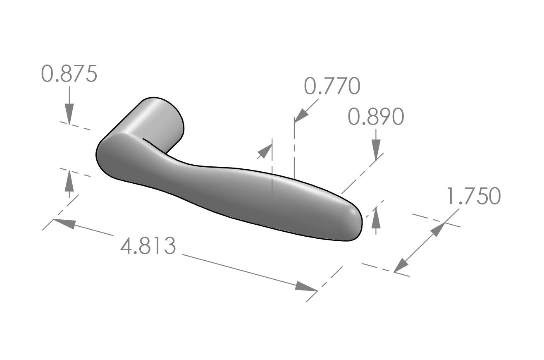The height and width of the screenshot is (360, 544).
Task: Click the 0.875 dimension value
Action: pyautogui.click(x=69, y=74)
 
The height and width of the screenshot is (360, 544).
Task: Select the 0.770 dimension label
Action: pyautogui.click(x=332, y=86)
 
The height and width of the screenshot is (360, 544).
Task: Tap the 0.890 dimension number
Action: pyautogui.click(x=376, y=117)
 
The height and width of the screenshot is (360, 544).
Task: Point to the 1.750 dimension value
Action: pyautogui.click(x=474, y=196)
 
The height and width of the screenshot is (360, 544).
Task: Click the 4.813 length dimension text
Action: pyautogui.click(x=148, y=246)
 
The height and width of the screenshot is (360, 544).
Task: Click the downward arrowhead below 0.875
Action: pyautogui.click(x=69, y=114)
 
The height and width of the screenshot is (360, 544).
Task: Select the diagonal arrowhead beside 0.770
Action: pyautogui.click(x=301, y=115)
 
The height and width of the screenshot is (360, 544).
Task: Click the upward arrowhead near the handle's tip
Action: pyautogui.click(x=376, y=217)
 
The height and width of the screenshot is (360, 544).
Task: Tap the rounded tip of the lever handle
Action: pyautogui.click(x=353, y=223)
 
